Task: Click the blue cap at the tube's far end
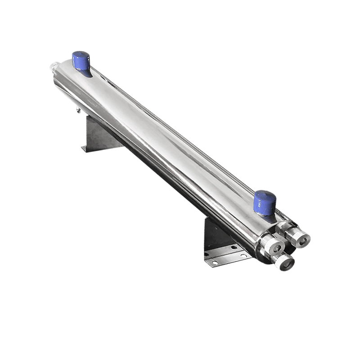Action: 81,62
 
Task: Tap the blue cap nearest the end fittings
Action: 265,203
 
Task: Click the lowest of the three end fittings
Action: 283,261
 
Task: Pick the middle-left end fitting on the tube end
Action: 272,246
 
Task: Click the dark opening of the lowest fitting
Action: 286,264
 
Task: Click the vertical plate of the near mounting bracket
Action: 214,234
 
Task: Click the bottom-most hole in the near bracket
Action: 216,262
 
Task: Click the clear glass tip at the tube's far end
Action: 53,68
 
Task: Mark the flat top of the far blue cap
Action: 81,55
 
